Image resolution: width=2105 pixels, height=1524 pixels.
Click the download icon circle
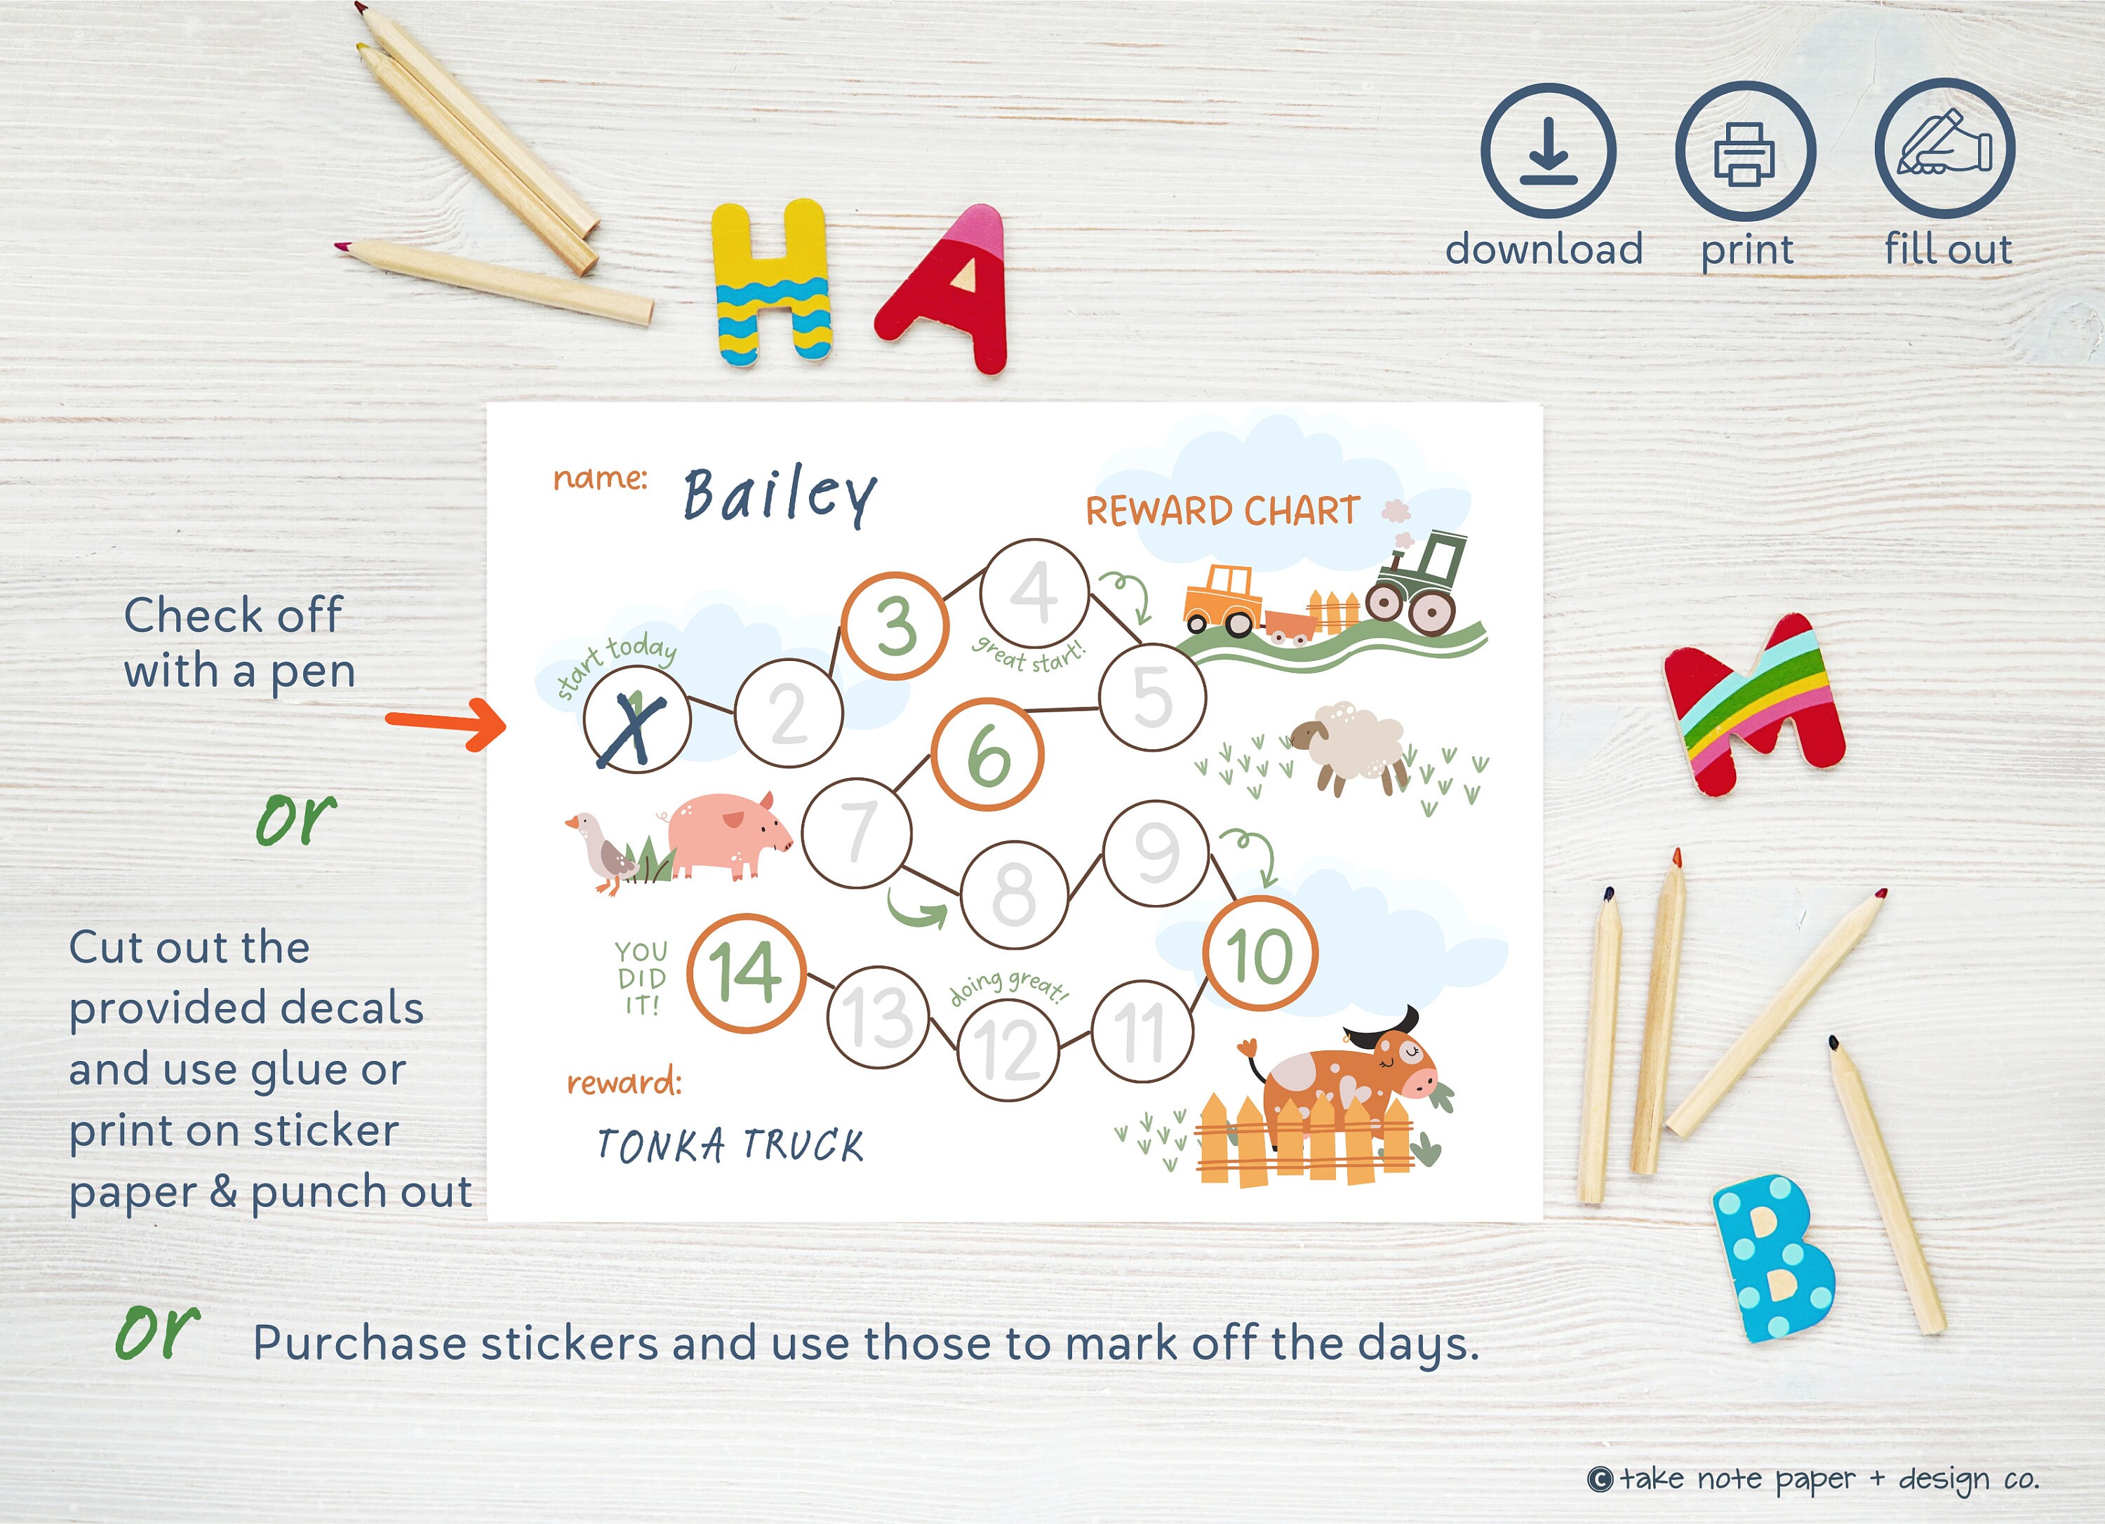(1547, 150)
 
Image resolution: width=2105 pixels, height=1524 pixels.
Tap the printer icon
(1745, 150)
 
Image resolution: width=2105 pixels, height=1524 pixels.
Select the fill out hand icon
(1944, 149)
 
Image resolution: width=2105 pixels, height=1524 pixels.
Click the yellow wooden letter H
(771, 283)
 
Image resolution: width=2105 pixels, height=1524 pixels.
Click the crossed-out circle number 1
(636, 720)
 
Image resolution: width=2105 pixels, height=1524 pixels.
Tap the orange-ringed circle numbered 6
(987, 754)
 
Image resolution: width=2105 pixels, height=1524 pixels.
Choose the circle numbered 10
(1259, 954)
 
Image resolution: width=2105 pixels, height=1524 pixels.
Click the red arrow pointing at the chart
(446, 722)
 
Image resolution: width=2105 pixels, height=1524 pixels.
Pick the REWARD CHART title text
(1222, 512)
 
